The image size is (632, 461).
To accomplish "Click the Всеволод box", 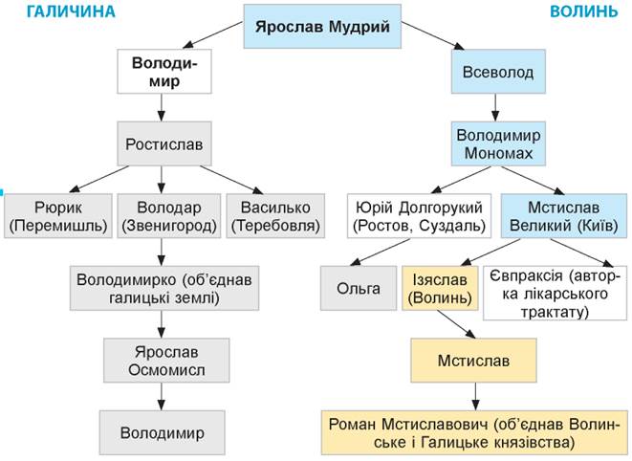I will coord(490,72).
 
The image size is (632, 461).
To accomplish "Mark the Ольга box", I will coord(358,289).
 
